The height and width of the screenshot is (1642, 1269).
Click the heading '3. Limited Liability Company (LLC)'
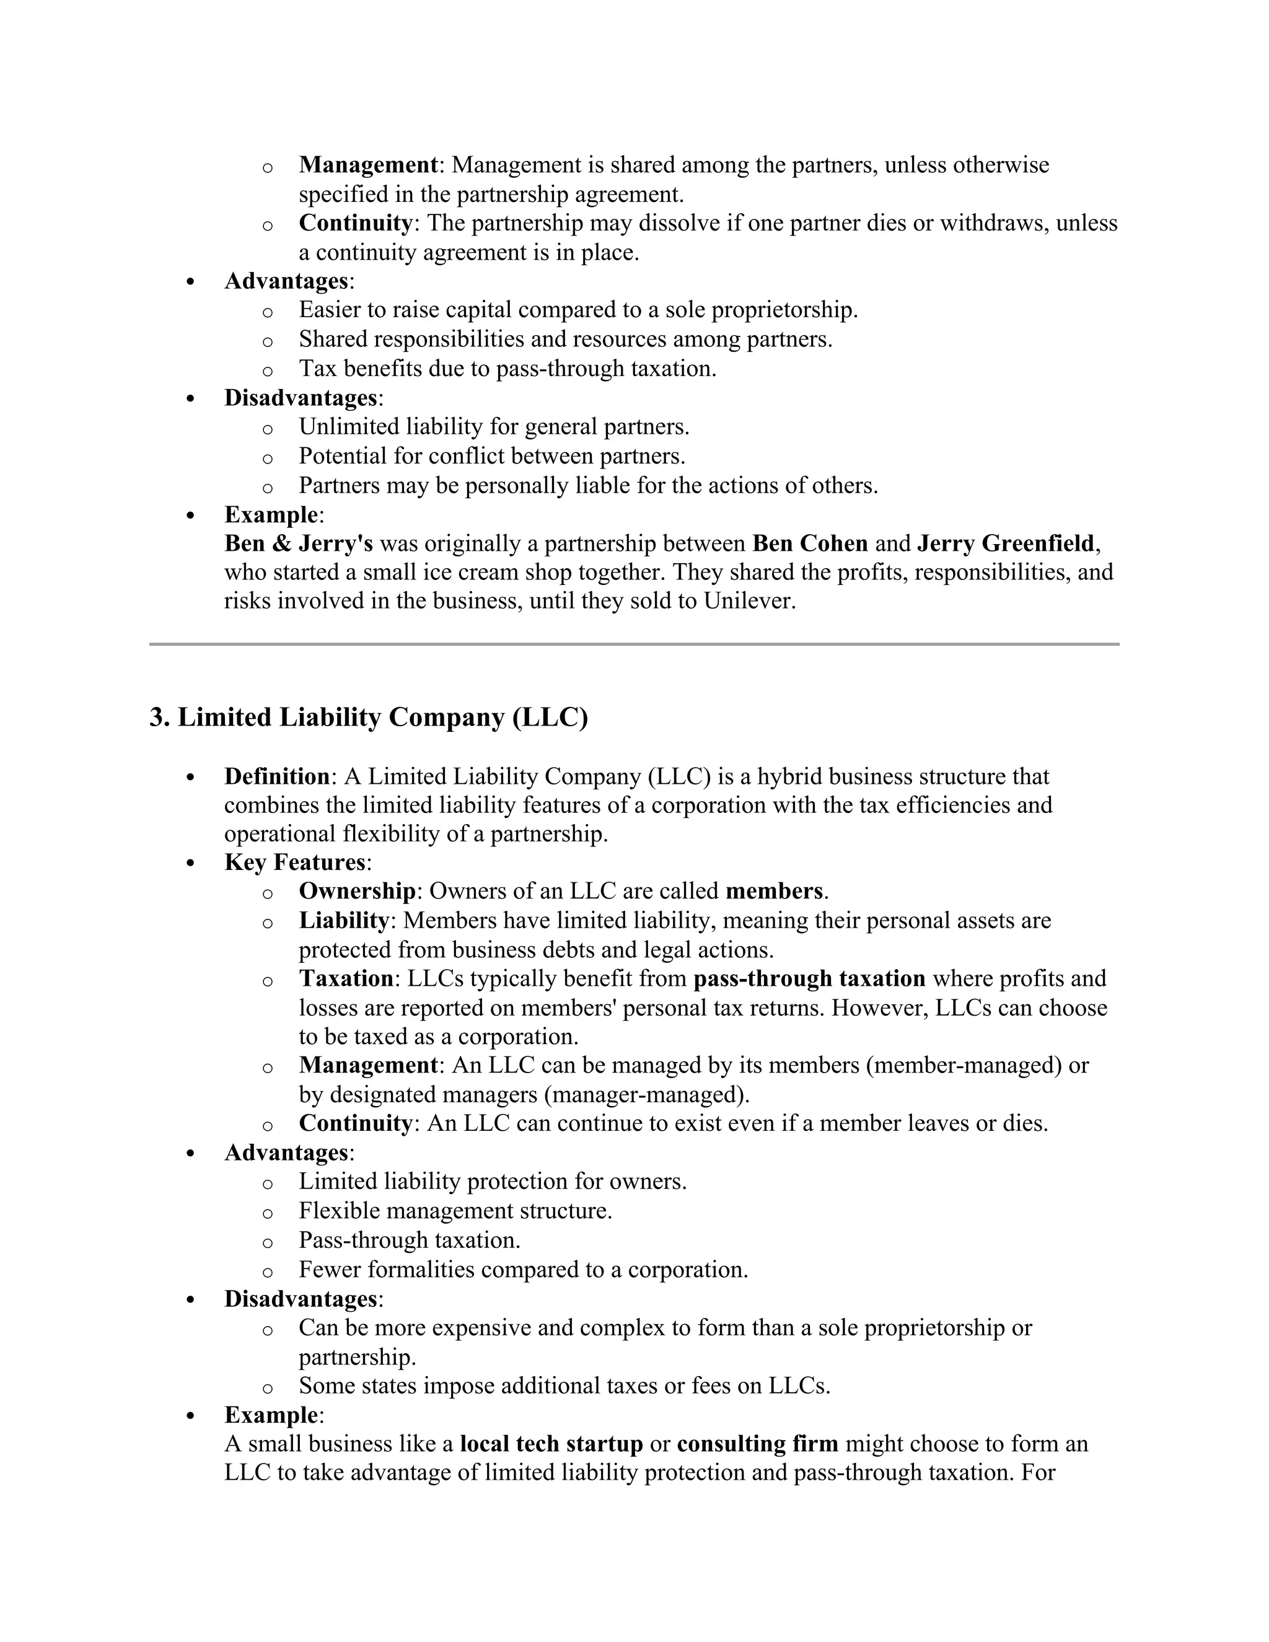click(369, 718)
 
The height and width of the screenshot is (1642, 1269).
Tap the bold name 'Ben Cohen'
click(810, 543)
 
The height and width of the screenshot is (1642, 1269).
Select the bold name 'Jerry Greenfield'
click(1005, 543)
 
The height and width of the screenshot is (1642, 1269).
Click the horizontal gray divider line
click(634, 644)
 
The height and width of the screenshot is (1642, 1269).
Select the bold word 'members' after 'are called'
click(773, 891)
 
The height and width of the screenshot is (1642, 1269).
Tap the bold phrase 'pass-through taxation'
click(809, 978)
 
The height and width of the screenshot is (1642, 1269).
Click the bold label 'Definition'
click(276, 776)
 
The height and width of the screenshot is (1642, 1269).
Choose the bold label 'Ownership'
click(357, 891)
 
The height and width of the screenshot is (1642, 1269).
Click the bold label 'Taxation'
click(346, 978)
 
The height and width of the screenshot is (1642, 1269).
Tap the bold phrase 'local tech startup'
click(551, 1444)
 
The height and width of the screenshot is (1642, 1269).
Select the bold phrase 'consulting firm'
click(757, 1444)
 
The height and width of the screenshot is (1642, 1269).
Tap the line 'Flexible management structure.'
click(455, 1211)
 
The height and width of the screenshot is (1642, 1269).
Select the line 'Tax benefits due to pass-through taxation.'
click(507, 369)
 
